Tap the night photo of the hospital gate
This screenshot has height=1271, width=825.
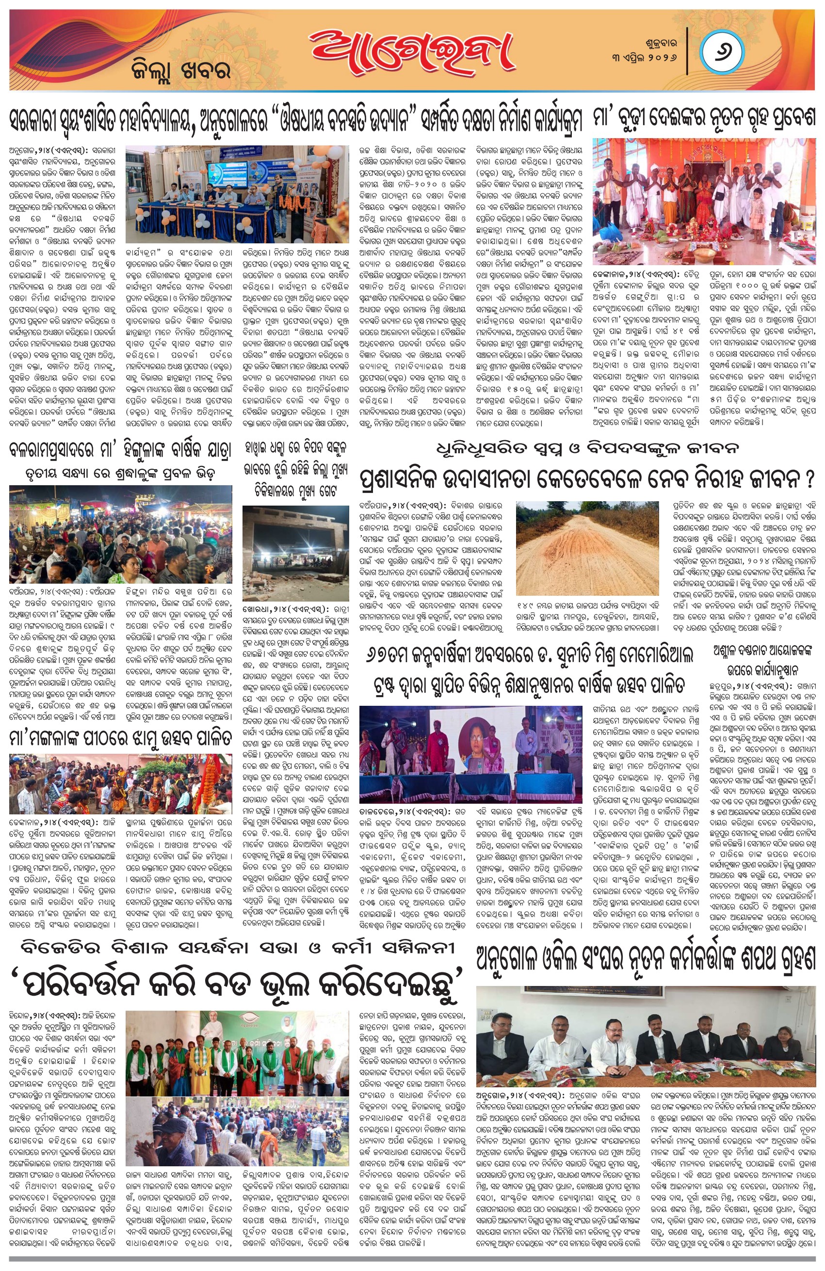[x=295, y=552]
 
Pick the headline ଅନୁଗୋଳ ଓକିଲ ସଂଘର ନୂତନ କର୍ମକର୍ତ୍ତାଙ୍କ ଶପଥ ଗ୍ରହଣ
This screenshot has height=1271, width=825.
[x=646, y=960]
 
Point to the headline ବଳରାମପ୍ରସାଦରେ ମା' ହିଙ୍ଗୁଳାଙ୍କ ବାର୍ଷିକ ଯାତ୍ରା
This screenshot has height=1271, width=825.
[x=121, y=449]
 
